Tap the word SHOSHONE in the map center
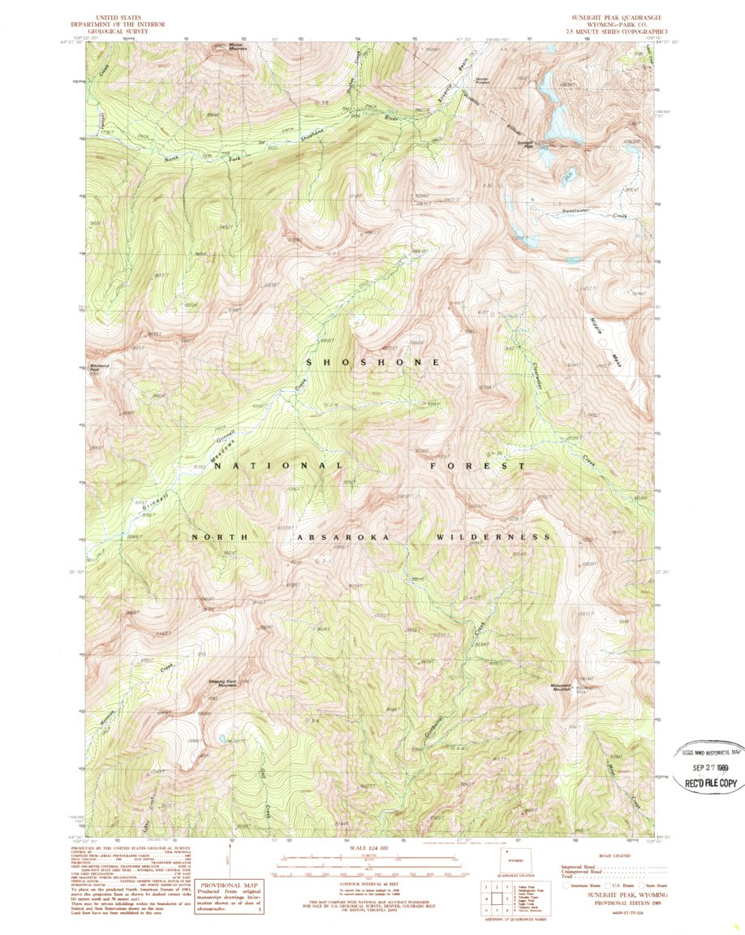coord(373,361)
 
